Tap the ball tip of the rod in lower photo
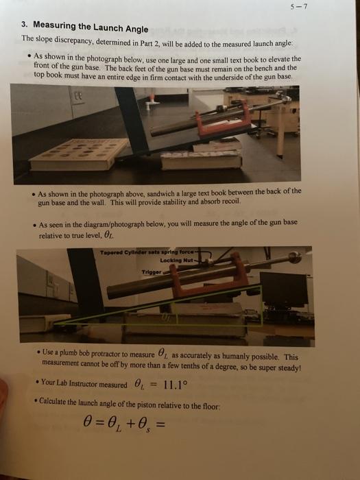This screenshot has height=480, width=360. tap(295, 258)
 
